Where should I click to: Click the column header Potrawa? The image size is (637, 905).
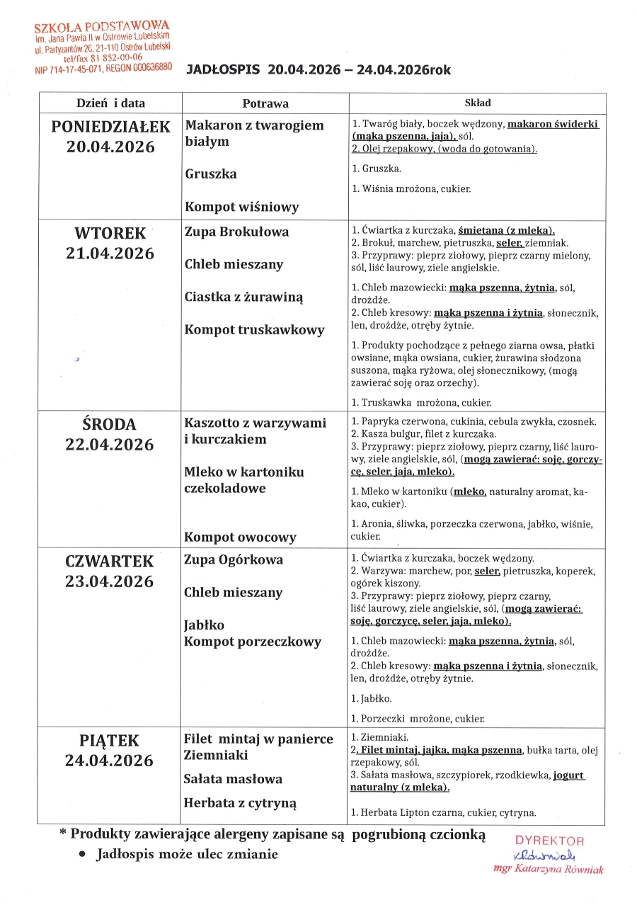(x=265, y=103)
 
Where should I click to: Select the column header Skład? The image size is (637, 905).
(x=477, y=103)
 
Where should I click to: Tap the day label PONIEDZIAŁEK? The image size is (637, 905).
(x=111, y=127)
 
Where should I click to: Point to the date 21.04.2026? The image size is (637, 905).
(x=111, y=254)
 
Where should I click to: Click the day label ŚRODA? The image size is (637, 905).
(x=111, y=424)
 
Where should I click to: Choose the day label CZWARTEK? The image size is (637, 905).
(x=110, y=562)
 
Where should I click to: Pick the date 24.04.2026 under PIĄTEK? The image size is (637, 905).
(x=110, y=761)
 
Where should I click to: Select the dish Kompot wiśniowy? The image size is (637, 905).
(x=242, y=207)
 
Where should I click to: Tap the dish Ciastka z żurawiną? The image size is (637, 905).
(x=244, y=297)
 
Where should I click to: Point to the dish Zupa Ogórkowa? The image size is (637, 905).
(x=234, y=559)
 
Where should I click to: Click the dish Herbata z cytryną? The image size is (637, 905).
(x=240, y=803)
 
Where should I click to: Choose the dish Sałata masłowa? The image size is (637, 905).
(x=233, y=779)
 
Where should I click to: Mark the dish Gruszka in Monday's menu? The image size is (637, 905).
(x=211, y=173)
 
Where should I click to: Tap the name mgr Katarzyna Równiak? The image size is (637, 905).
(x=549, y=870)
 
